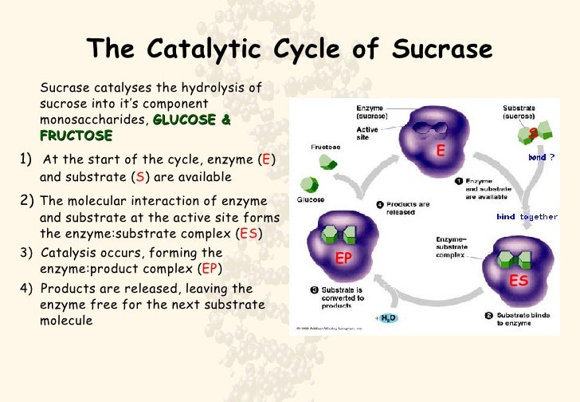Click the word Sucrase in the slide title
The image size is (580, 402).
click(443, 49)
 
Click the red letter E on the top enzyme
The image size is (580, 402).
click(439, 151)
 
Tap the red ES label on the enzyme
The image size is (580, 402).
click(519, 281)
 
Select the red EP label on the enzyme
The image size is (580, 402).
click(343, 258)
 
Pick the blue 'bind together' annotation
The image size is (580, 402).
click(527, 217)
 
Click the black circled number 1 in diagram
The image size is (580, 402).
click(460, 181)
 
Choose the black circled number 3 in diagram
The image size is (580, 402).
click(315, 289)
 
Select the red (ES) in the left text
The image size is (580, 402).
click(249, 235)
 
